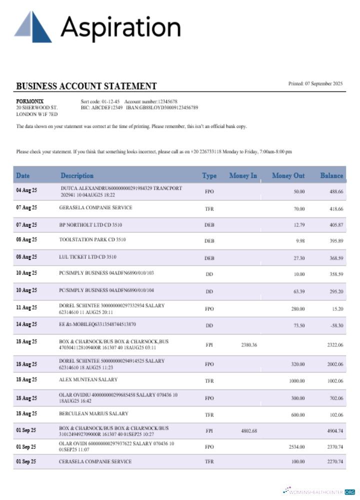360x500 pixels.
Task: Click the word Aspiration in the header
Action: pyautogui.click(x=120, y=27)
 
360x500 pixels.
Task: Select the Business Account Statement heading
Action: pyautogui.click(x=86, y=86)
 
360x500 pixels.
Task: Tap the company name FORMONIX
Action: pyautogui.click(x=29, y=101)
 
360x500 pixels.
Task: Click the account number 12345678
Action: pyautogui.click(x=167, y=101)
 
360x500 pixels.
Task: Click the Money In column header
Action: pyautogui.click(x=243, y=175)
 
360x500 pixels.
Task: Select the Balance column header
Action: pyautogui.click(x=331, y=175)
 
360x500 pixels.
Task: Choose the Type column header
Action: pyautogui.click(x=209, y=175)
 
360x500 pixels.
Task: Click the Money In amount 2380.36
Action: pyautogui.click(x=248, y=345)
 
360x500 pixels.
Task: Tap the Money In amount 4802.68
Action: pyautogui.click(x=248, y=430)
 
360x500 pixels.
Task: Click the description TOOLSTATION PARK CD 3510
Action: pyautogui.click(x=92, y=239)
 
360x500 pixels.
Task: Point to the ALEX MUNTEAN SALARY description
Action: pyautogui.click(x=85, y=380)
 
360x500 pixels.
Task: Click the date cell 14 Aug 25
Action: pyautogui.click(x=26, y=325)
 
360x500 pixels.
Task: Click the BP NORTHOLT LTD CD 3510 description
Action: pyautogui.click(x=90, y=224)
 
